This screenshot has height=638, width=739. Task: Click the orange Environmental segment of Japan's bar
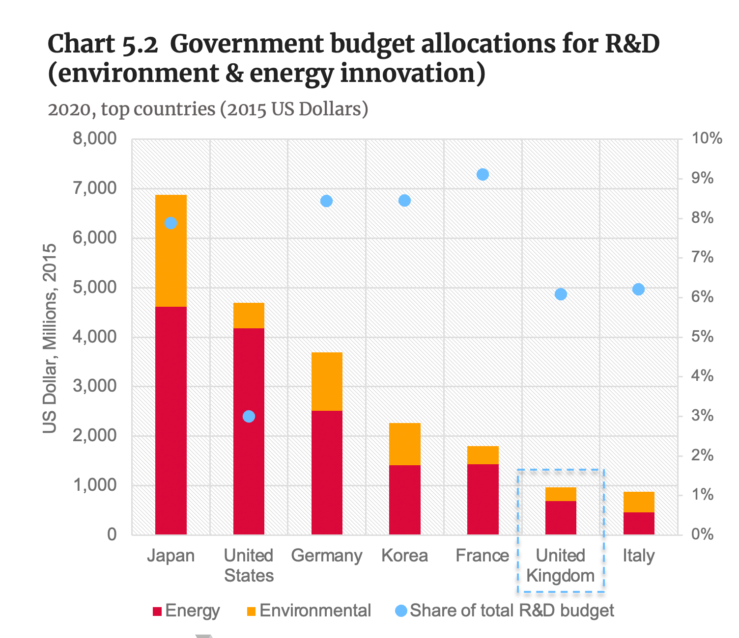pos(171,250)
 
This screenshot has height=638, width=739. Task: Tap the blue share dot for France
pos(483,175)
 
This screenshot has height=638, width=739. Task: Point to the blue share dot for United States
pos(249,416)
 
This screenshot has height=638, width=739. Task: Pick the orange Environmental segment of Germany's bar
pos(327,381)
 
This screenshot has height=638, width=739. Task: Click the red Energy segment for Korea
pos(404,500)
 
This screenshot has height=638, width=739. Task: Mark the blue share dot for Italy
pos(638,290)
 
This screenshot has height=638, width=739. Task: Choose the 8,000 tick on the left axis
pos(94,139)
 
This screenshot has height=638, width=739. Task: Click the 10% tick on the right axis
pos(707,139)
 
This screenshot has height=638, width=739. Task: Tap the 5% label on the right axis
pos(702,337)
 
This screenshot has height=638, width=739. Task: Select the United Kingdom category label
pos(560,565)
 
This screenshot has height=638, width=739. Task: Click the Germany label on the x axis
pos(327,556)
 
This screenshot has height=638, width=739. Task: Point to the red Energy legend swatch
pos(157,611)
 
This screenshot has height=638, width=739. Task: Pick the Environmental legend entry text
pos(315,611)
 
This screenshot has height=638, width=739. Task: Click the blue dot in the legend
pos(400,611)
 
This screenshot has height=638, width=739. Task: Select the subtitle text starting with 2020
pos(208,109)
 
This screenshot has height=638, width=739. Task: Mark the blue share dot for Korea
pos(404,200)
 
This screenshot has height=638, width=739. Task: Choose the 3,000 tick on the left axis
pos(94,386)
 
